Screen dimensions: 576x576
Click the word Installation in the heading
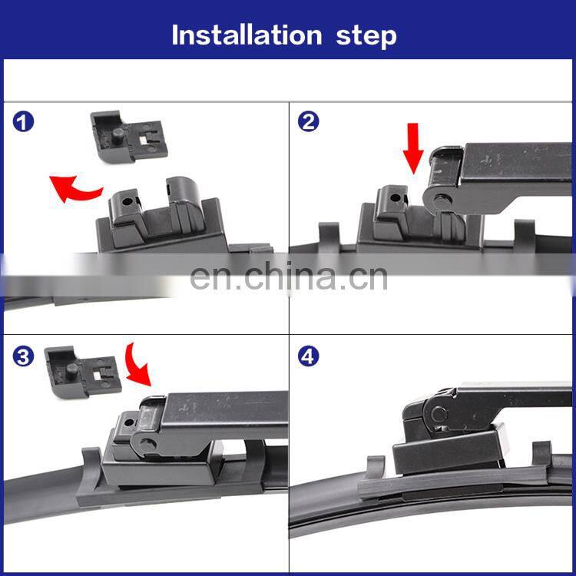pos(247,35)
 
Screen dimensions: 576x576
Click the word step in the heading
pos(366,38)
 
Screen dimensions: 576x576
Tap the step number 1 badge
pos(23,122)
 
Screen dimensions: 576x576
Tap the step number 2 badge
pos(308,121)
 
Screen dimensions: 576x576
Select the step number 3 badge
pos(23,356)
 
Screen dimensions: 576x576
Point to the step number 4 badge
pos(308,356)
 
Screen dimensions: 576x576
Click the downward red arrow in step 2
pos(413,148)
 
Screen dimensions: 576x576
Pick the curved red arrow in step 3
pos(137,366)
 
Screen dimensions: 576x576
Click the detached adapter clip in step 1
pos(129,137)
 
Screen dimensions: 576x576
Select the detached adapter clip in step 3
pos(83,372)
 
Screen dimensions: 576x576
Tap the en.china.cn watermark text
pos(289,277)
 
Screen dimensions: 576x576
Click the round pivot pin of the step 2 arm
pos(440,201)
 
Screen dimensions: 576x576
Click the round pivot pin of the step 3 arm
pos(147,444)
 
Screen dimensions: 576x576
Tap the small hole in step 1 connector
pos(127,201)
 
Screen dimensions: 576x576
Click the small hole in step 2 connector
pos(396,198)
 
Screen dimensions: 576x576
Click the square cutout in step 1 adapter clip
pos(144,140)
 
